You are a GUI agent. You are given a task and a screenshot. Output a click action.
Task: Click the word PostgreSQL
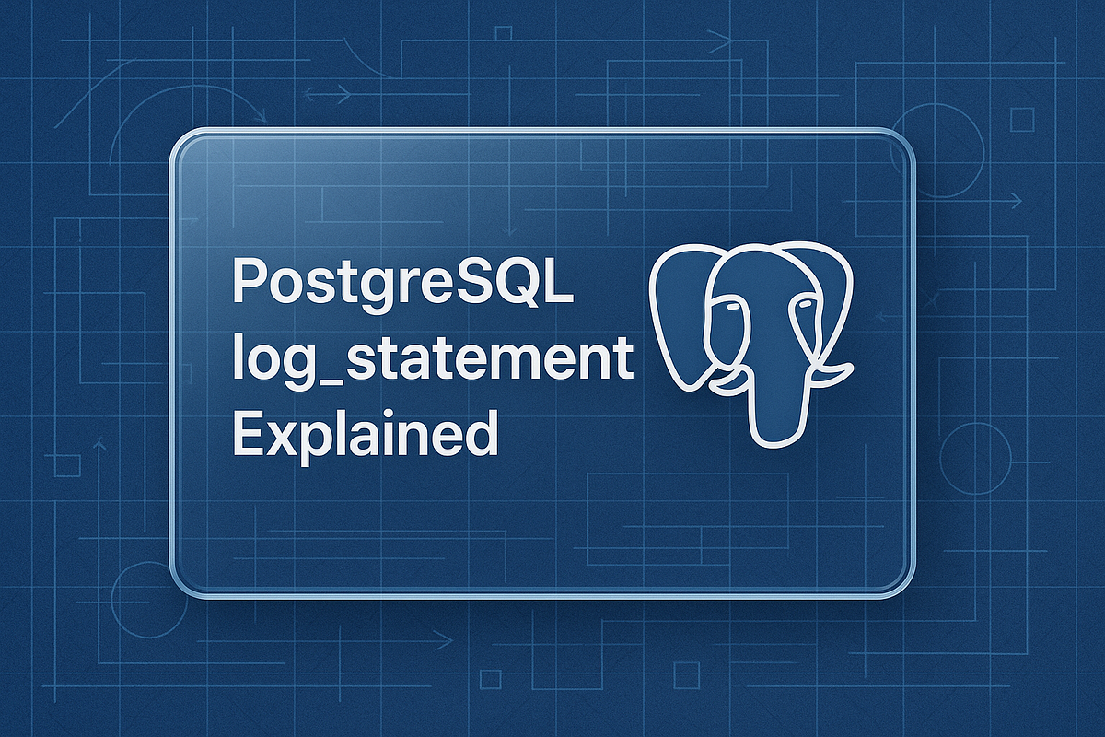[402, 284]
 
